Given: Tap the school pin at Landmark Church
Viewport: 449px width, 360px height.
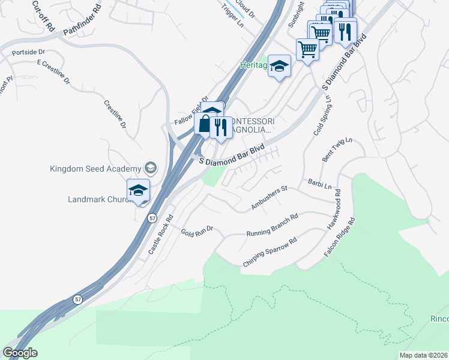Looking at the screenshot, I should coord(138,191).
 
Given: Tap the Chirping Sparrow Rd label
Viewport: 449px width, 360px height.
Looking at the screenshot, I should coord(270,253).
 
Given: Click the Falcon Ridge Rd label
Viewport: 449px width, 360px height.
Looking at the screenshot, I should coord(340,238).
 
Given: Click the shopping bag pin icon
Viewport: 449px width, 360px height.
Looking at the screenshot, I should coord(205,124).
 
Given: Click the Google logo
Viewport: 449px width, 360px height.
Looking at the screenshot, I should coord(20,353).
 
